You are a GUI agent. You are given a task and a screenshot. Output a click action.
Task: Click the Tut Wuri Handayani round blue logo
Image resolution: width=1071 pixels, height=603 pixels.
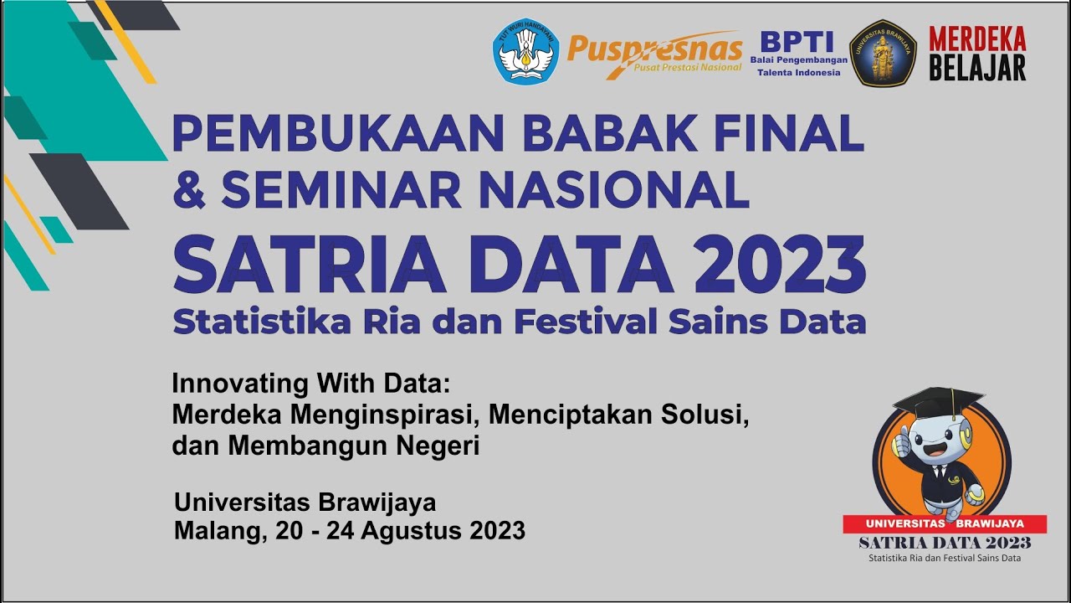[x=525, y=51]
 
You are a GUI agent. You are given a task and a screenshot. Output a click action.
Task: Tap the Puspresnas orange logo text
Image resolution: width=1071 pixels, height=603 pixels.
[x=654, y=48]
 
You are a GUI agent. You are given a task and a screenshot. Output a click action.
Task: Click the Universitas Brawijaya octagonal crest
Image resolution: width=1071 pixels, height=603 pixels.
[x=884, y=53]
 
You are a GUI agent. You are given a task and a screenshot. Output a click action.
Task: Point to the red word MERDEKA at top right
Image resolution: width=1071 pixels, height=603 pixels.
[x=977, y=39]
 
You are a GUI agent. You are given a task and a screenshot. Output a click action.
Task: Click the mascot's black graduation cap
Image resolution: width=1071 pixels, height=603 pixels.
[x=935, y=401]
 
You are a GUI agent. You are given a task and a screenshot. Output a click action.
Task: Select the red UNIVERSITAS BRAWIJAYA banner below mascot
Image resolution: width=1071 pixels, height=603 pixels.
[x=944, y=523]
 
